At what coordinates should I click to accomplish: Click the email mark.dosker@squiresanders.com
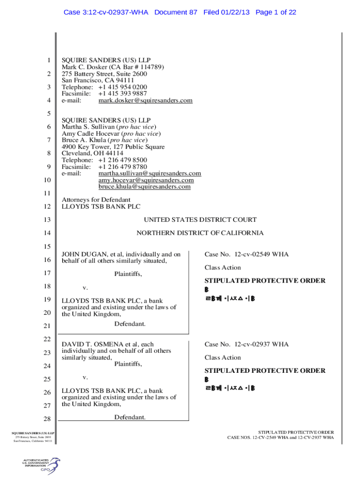click(145, 101)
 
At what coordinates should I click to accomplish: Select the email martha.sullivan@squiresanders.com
click(150, 174)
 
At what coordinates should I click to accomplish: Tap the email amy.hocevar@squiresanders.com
click(146, 180)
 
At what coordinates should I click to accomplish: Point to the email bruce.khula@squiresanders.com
click(144, 187)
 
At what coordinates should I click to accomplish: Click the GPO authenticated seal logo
click(42, 466)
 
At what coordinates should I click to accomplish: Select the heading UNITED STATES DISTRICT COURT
click(200, 220)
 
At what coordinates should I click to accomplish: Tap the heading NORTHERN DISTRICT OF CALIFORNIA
click(200, 233)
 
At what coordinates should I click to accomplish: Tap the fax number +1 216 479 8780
click(122, 167)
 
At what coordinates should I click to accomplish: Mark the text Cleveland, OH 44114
click(93, 153)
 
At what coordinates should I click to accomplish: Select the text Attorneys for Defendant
click(96, 200)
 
